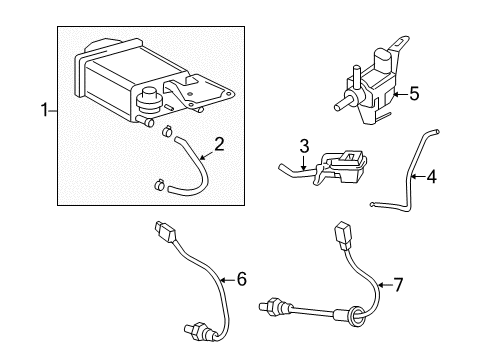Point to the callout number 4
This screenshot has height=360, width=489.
click(x=431, y=176)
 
